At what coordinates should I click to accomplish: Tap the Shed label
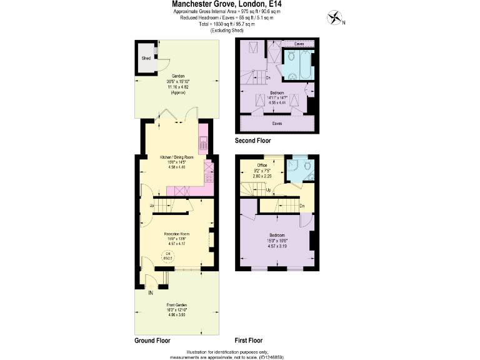(x=146, y=58)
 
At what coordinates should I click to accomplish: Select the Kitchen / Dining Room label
(x=176, y=157)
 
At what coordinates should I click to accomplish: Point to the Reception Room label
(x=177, y=233)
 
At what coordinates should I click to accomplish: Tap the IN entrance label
(x=151, y=292)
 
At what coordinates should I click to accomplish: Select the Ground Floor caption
(x=152, y=341)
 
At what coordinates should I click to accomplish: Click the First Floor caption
(x=248, y=341)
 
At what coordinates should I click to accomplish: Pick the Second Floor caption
(x=253, y=141)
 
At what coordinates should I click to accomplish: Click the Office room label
(x=262, y=165)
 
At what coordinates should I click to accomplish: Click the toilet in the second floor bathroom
(x=292, y=77)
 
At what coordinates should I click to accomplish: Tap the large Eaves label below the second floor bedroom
(x=276, y=124)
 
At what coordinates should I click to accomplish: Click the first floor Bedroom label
(x=276, y=236)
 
